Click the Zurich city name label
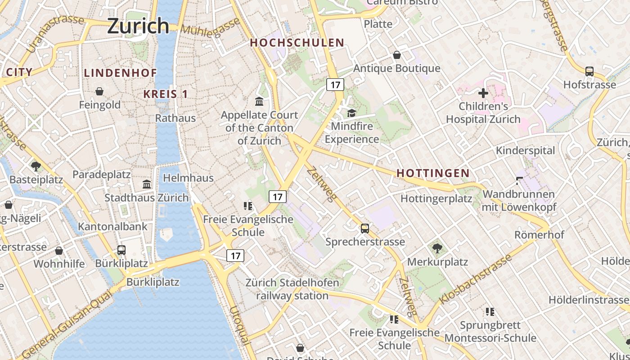pos(138,26)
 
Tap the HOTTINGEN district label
pos(433,173)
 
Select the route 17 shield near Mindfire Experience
pos(335,84)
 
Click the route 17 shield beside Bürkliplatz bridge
pos(235,256)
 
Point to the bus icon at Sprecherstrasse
pos(365,229)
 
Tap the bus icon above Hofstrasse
pos(589,71)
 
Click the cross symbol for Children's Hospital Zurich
pos(483,94)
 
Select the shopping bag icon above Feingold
pos(99,92)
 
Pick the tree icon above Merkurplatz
pos(437,248)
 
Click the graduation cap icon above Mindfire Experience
pos(351,113)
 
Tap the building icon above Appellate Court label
pos(259,101)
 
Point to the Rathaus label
pos(175,118)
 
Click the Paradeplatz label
pos(101,175)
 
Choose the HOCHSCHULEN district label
pos(297,43)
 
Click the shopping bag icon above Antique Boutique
pos(397,55)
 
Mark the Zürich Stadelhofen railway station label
pos(292,289)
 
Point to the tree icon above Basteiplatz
pos(36,166)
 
